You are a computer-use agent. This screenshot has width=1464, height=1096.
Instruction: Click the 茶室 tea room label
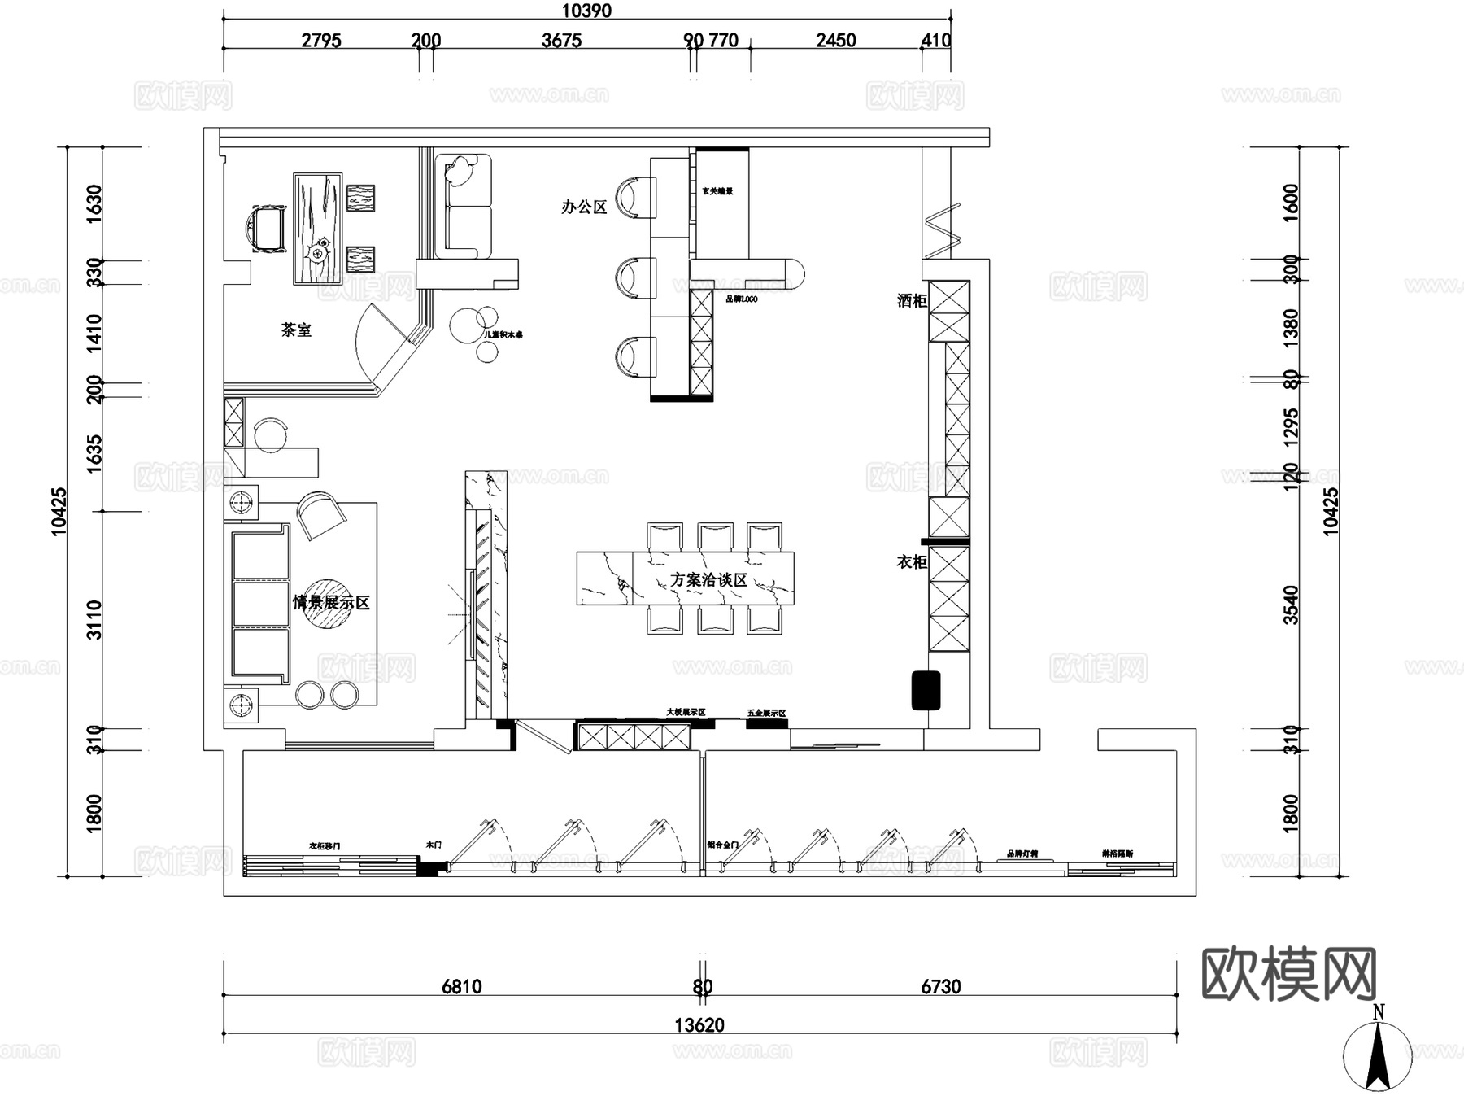tap(296, 330)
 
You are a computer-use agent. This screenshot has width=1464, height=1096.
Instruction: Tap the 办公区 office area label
tap(584, 207)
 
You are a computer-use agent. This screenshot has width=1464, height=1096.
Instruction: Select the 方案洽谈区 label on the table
tap(708, 580)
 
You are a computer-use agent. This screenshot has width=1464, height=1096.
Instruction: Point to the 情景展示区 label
tap(331, 603)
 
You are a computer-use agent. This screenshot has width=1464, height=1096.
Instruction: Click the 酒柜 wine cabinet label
tap(912, 301)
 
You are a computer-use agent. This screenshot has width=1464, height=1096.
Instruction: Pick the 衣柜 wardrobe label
tap(912, 562)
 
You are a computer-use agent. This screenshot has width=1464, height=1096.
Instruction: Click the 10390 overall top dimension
tap(586, 11)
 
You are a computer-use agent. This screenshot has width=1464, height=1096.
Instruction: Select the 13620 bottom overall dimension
tap(699, 1025)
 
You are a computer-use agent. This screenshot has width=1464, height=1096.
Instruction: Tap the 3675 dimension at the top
tap(561, 41)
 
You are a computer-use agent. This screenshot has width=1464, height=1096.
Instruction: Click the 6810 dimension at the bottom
tap(461, 987)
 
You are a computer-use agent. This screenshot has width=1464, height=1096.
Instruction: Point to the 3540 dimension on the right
tap(1292, 605)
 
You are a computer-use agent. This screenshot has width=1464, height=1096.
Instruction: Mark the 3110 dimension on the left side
tap(94, 620)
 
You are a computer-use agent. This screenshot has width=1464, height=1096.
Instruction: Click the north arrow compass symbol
tap(1378, 1054)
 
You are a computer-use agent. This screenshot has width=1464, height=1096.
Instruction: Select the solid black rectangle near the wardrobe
tap(926, 690)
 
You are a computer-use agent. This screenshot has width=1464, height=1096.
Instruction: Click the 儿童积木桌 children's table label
tap(503, 334)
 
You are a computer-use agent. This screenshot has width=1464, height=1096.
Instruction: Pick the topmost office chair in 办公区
tap(634, 198)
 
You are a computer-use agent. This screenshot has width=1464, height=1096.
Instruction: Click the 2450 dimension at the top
tap(836, 41)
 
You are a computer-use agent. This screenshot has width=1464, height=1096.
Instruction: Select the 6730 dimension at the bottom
tap(940, 987)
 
